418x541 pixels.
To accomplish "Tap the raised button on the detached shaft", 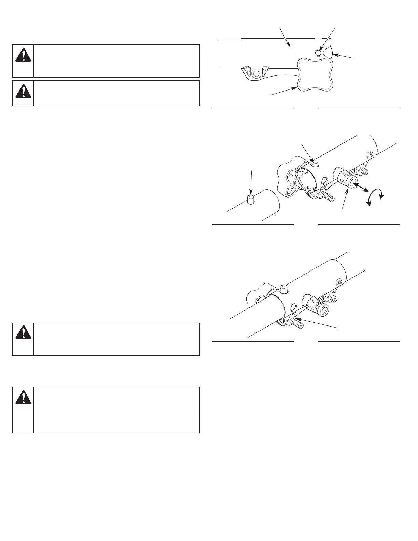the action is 251,200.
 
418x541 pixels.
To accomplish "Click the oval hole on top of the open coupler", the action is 316,165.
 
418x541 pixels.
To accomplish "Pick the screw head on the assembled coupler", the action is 339,282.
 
